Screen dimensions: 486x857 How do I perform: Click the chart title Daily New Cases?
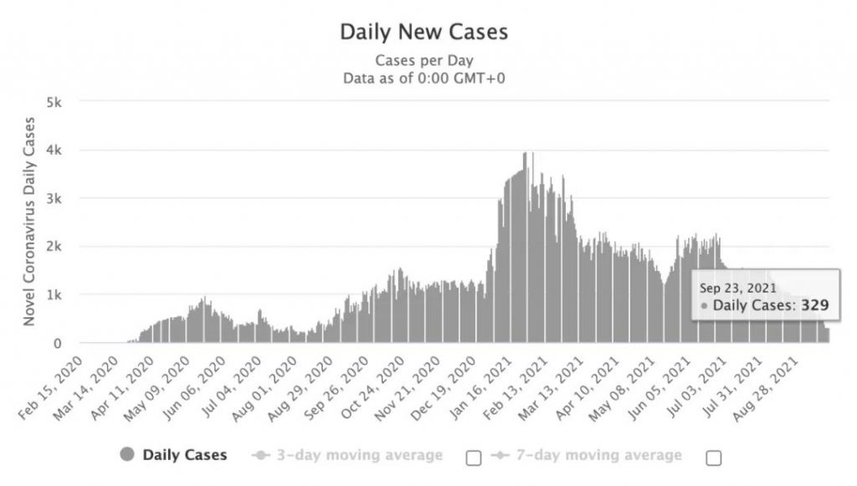(x=423, y=33)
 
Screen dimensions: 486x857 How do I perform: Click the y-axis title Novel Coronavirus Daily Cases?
(x=30, y=221)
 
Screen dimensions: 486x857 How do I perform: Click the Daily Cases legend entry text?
(x=184, y=455)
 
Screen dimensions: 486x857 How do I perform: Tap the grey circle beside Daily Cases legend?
(x=127, y=455)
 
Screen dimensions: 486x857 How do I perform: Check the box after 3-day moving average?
(x=474, y=458)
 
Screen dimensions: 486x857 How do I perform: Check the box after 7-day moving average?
(x=714, y=458)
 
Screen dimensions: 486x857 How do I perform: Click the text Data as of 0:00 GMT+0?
(x=423, y=78)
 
